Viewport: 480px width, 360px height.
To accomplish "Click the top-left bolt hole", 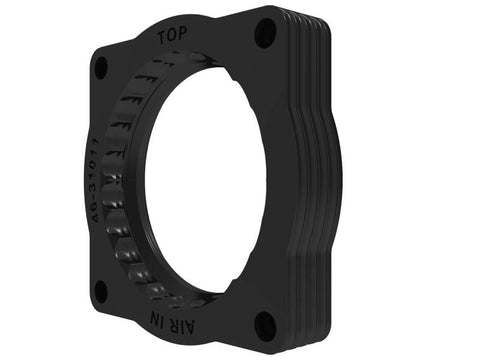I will tap(100, 67).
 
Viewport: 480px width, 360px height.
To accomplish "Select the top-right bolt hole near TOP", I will tap(265, 34).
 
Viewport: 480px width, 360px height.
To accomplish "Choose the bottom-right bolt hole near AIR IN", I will tap(263, 324).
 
